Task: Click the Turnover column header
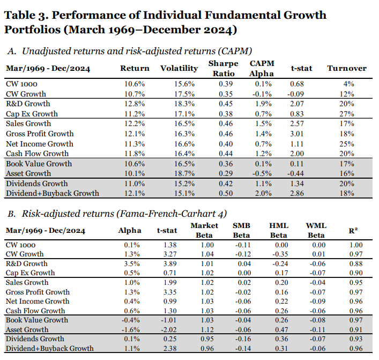coord(347,68)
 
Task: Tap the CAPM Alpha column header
coord(261,68)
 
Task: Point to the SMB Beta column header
coord(241,230)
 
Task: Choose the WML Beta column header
coord(316,230)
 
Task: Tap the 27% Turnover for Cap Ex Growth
coord(351,114)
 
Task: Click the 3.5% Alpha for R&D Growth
coord(133,264)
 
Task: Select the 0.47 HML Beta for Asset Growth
coord(278,330)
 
